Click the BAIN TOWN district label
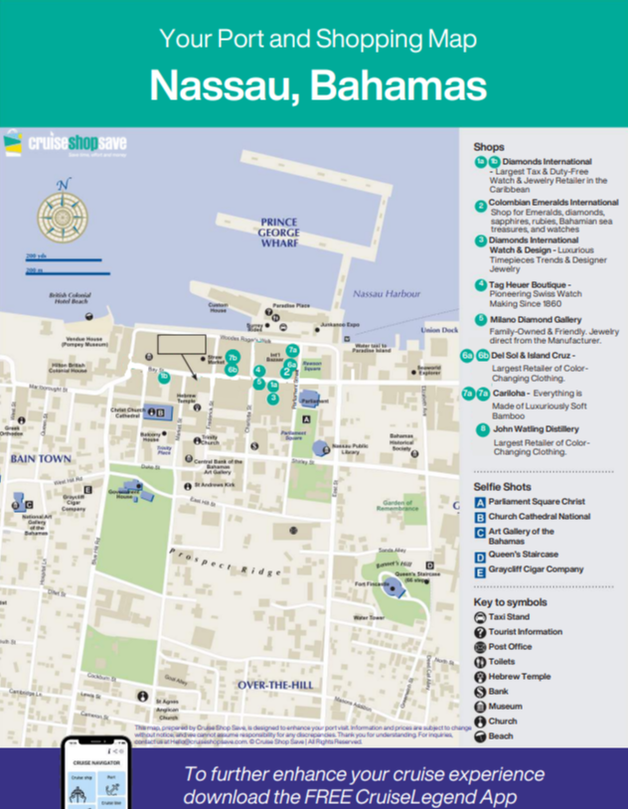pyautogui.click(x=36, y=459)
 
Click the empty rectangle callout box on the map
pyautogui.click(x=181, y=346)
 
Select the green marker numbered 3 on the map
pyautogui.click(x=272, y=399)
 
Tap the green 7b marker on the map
pyautogui.click(x=233, y=357)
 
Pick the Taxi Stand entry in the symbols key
pyautogui.click(x=510, y=617)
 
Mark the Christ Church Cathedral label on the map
pyautogui.click(x=126, y=412)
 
